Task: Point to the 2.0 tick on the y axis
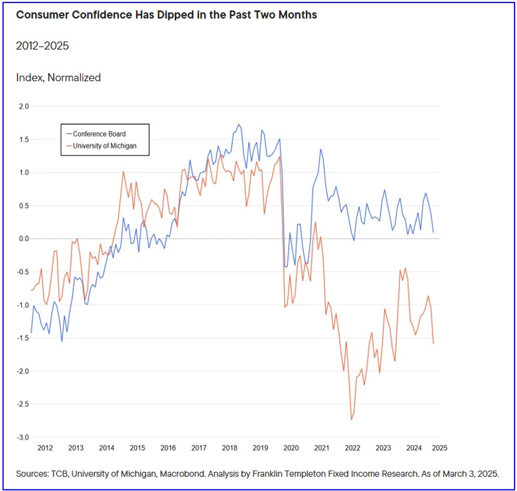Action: [x=24, y=107]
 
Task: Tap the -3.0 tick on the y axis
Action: [x=23, y=438]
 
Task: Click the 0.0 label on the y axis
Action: [x=24, y=239]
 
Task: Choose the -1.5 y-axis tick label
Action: [x=23, y=338]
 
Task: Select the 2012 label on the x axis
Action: [x=45, y=448]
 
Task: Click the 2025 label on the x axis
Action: [x=439, y=448]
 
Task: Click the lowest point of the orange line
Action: [x=351, y=419]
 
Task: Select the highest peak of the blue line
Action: [x=239, y=124]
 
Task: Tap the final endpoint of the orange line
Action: [x=433, y=343]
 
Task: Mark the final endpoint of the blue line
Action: [x=433, y=232]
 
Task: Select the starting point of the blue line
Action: [x=31, y=333]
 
